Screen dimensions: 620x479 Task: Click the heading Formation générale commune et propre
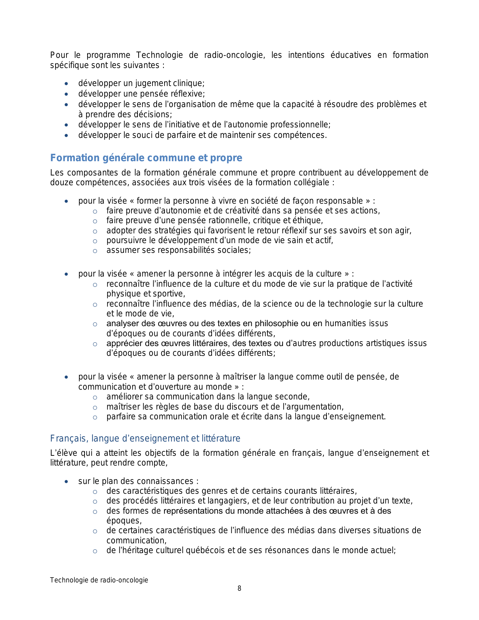(146, 158)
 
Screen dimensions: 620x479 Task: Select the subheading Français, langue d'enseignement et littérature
(145, 439)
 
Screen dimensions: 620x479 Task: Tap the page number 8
(239, 588)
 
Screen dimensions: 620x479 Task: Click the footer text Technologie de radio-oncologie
(99, 580)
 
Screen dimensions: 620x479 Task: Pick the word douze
(60, 183)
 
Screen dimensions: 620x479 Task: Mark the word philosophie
(277, 324)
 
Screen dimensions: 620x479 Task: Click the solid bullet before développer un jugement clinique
(66, 84)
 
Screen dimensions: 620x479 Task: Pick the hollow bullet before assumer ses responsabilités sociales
(95, 251)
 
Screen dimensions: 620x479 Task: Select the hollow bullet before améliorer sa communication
(95, 398)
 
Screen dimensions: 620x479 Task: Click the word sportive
(169, 294)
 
